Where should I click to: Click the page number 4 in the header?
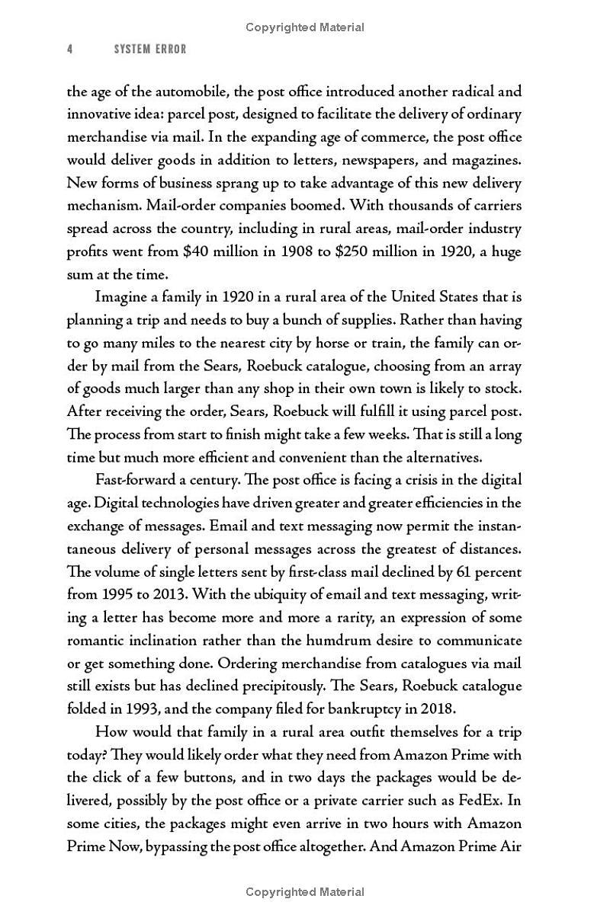click(70, 50)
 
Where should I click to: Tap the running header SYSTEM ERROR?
click(150, 50)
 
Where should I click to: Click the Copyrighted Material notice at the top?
click(305, 27)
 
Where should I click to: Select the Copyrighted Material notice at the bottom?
click(305, 891)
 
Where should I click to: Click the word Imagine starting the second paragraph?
click(124, 297)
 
